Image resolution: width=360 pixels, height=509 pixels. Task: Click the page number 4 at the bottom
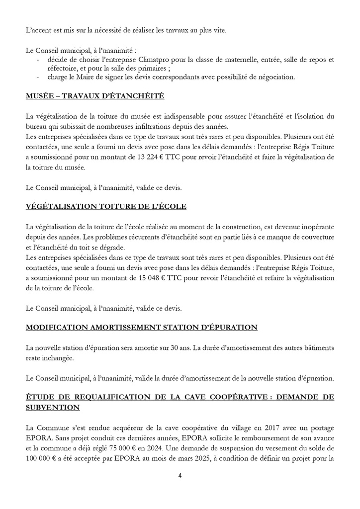pos(180,475)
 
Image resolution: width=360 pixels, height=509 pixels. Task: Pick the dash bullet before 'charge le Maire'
pos(39,77)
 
